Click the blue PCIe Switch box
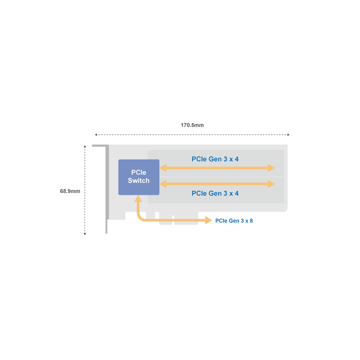click(x=139, y=177)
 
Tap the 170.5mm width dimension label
click(x=192, y=125)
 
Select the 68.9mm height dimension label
click(x=70, y=191)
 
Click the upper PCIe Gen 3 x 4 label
click(x=215, y=159)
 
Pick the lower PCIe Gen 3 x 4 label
click(x=215, y=193)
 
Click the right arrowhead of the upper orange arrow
click(x=271, y=168)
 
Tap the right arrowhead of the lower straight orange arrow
click(x=271, y=184)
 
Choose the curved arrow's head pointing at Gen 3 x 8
click(x=209, y=220)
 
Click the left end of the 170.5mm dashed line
click(x=96, y=135)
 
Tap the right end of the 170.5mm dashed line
click(x=289, y=135)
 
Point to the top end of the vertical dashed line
click(x=85, y=146)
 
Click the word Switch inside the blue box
click(x=139, y=181)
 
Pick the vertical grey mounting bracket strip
click(x=107, y=189)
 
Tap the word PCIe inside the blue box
click(x=139, y=173)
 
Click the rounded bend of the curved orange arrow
click(x=140, y=218)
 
